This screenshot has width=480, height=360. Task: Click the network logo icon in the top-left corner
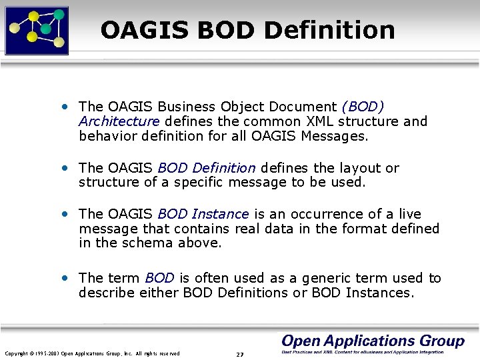pos(37,29)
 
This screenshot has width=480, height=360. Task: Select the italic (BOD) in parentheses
pos(363,107)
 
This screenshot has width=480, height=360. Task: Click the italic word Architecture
pos(119,121)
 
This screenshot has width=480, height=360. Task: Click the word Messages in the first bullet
pos(333,136)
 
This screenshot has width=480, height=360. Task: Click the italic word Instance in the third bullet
pos(219,214)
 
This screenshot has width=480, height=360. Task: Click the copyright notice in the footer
pos(92,353)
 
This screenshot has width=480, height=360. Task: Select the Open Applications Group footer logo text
pos(373,341)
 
